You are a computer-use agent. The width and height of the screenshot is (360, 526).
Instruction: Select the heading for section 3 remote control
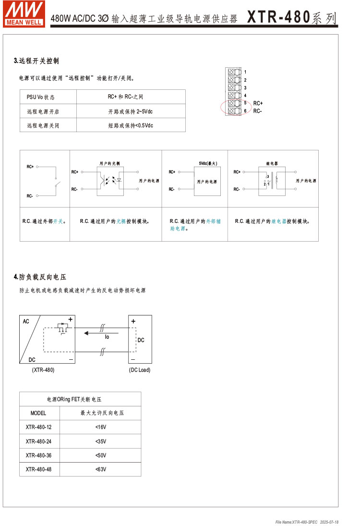click(36, 61)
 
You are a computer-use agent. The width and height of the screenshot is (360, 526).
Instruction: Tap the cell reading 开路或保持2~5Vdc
click(131, 111)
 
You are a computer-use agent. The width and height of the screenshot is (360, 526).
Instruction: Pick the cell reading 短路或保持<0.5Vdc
click(131, 125)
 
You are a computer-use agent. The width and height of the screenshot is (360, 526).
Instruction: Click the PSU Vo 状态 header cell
click(40, 97)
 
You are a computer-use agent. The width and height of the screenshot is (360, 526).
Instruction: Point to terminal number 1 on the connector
click(245, 72)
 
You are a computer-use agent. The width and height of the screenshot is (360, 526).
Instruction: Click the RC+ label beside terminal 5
click(258, 103)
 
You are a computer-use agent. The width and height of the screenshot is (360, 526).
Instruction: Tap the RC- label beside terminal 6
click(257, 111)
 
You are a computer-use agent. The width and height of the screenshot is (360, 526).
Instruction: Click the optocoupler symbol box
click(110, 181)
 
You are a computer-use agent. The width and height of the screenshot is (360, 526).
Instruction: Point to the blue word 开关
click(58, 221)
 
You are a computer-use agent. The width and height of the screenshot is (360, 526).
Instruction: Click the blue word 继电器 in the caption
click(278, 221)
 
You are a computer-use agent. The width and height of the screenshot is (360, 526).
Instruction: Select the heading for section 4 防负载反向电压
click(40, 277)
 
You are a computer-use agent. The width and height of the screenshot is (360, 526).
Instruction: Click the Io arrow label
click(107, 337)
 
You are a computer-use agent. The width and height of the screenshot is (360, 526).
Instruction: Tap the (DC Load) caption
click(140, 370)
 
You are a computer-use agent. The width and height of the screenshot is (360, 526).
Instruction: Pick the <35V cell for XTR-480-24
click(101, 441)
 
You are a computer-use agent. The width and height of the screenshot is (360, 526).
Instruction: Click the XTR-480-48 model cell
click(39, 469)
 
